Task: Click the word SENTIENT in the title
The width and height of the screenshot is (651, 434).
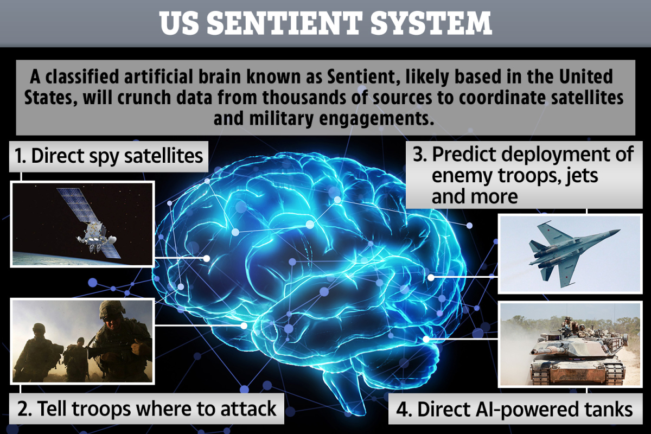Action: pos(284,23)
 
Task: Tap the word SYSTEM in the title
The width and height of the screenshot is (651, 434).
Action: pos(431,23)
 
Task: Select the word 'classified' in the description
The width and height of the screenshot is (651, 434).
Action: pos(82,76)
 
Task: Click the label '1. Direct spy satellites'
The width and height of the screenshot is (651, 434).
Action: pos(108,156)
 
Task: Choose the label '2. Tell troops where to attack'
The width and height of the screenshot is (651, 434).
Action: pos(146,409)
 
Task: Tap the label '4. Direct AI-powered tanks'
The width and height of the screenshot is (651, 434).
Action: pos(514,409)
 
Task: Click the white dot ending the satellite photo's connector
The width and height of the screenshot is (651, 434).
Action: pos(207,258)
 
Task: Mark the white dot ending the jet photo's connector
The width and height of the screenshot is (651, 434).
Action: pos(431,278)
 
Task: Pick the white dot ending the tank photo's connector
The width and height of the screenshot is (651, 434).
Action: pos(426,339)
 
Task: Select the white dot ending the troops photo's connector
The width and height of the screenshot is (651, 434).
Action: pos(244,325)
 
